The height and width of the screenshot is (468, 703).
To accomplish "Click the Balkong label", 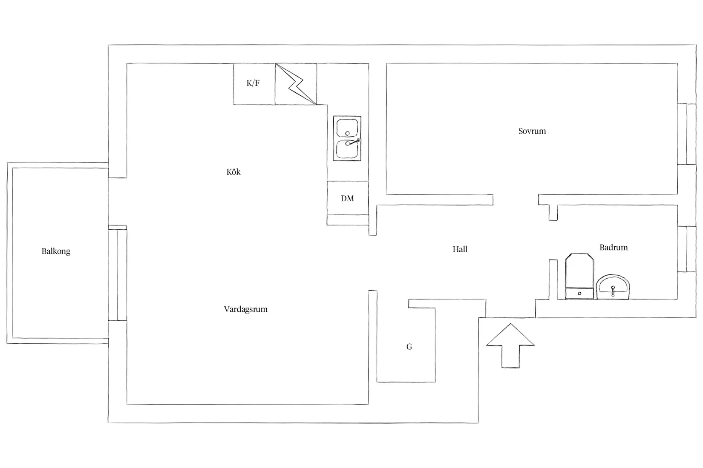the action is [56, 251].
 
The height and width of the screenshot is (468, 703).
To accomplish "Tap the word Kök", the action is [233, 172].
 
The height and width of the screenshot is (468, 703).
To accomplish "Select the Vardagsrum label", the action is [246, 309].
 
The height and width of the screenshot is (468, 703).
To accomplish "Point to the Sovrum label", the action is [532, 131].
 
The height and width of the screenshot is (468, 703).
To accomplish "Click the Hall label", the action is [460, 249].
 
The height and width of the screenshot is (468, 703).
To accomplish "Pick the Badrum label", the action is [614, 248].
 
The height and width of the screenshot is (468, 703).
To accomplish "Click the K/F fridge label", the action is [253, 83].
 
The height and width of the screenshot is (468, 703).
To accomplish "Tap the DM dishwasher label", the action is [347, 198].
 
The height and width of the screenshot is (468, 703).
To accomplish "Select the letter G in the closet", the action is [409, 347].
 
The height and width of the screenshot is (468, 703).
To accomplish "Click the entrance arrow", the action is [510, 345].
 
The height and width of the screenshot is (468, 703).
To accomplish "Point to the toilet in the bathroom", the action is [579, 276].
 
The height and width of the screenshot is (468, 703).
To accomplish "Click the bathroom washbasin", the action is [613, 287].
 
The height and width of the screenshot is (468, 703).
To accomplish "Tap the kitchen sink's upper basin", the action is [347, 128].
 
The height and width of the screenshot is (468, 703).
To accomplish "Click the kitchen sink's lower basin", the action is [347, 149].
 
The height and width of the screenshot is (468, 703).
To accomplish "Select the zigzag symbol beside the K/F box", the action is [296, 84].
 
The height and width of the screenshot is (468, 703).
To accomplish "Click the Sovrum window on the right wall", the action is [687, 134].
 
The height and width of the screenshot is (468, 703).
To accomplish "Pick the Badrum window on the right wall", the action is [687, 249].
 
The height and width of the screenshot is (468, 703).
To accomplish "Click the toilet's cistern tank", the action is [579, 294].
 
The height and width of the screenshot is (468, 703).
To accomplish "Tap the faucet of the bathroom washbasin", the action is [613, 291].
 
